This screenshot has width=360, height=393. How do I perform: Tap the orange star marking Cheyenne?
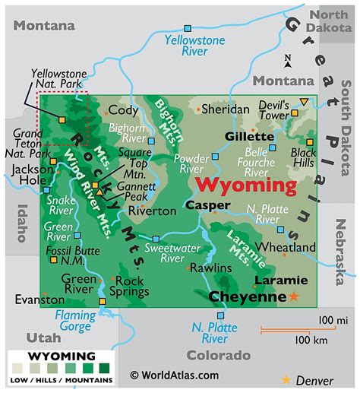(293, 296)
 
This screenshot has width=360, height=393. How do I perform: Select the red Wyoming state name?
(246, 185)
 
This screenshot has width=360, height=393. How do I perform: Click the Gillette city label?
(248, 136)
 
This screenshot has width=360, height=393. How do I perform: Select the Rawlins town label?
(210, 268)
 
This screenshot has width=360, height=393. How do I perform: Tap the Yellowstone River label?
(188, 45)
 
